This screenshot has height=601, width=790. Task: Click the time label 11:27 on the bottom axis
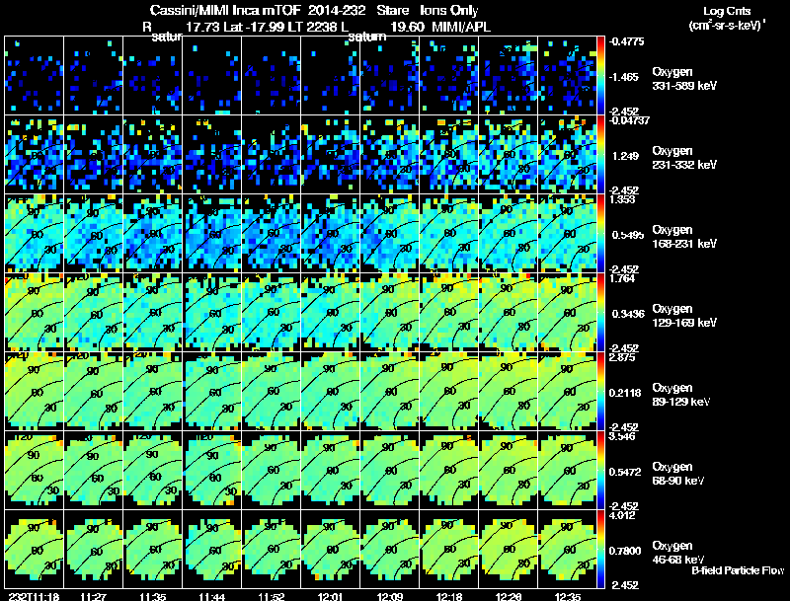(94, 596)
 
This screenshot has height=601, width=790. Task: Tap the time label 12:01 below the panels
(333, 596)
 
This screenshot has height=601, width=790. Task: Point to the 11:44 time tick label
(213, 596)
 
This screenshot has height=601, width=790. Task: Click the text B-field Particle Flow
(737, 571)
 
